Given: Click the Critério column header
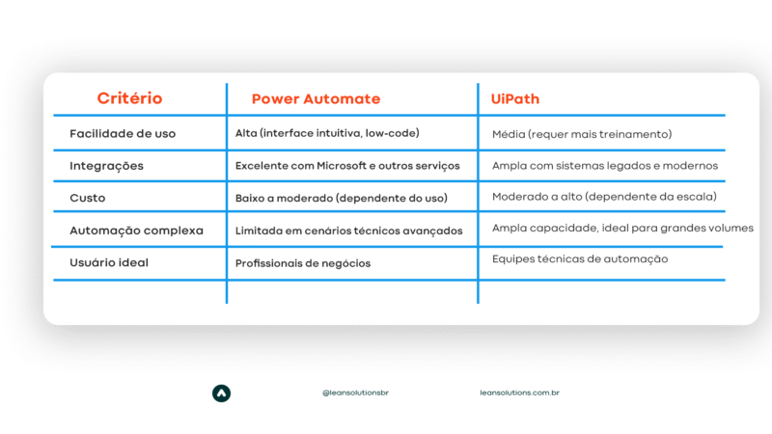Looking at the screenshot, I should click(x=129, y=98).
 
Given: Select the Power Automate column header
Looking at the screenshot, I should click(x=316, y=99).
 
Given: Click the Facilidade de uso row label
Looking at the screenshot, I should click(x=123, y=134).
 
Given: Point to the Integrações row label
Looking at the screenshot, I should click(x=106, y=166).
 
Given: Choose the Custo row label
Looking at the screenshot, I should click(x=88, y=198).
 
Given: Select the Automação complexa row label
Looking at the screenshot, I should click(x=136, y=231).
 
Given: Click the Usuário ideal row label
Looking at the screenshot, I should click(x=109, y=262).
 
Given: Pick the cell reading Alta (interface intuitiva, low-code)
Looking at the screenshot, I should click(x=327, y=134).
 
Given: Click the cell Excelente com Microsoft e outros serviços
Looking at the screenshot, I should click(x=347, y=166).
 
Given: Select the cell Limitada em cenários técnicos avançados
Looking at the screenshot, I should click(x=348, y=231).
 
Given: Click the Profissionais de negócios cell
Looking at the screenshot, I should click(x=303, y=263).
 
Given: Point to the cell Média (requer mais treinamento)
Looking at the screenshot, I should click(x=582, y=134).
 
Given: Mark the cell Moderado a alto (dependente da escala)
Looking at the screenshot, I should click(x=604, y=198).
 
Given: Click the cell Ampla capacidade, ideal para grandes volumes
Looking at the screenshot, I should click(x=622, y=229).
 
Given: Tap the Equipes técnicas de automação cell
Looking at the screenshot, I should click(x=580, y=259).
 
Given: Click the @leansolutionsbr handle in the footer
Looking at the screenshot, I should click(x=356, y=393).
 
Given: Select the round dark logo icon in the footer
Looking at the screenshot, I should click(x=221, y=393).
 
